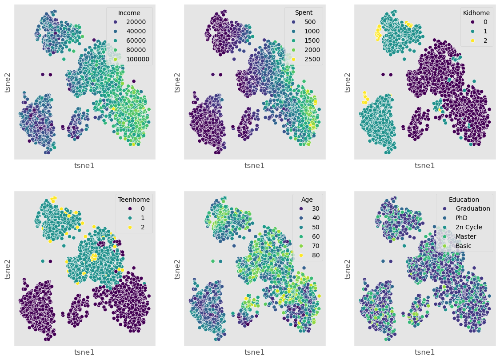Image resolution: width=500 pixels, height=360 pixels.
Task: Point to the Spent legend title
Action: coord(304,12)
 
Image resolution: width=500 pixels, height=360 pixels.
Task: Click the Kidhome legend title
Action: coord(476,12)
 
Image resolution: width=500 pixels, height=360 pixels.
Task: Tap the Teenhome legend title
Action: coord(134,200)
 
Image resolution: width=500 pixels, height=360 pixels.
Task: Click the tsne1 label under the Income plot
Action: coord(84,166)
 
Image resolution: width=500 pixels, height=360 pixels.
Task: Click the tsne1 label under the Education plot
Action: coord(424,352)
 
